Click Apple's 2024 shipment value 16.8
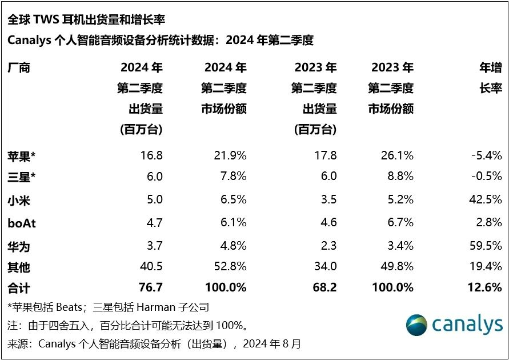pyautogui.click(x=151, y=155)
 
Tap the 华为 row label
pyautogui.click(x=19, y=246)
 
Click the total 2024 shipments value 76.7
pyautogui.click(x=150, y=287)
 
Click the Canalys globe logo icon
pyautogui.click(x=416, y=325)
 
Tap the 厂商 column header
pyautogui.click(x=19, y=68)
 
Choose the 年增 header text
pyautogui.click(x=490, y=68)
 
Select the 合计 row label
pyautogui.click(x=19, y=287)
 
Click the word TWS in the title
pyautogui.click(x=50, y=20)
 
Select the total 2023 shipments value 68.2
pyautogui.click(x=324, y=287)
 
